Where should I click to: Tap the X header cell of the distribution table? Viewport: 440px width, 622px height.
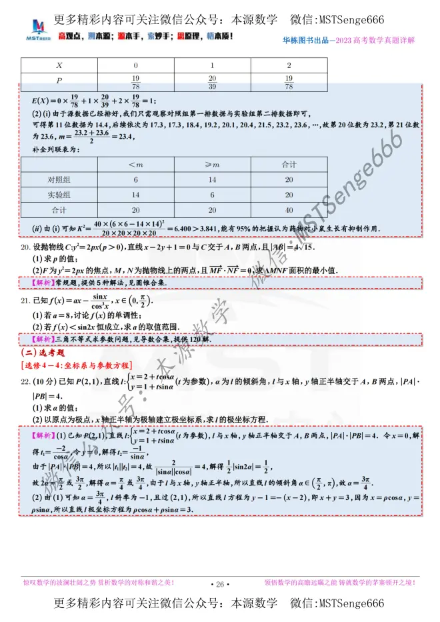pos(59,65)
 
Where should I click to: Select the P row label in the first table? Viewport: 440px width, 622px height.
pos(59,81)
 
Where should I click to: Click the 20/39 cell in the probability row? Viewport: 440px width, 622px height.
pos(213,81)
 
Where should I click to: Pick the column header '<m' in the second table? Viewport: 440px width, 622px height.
pos(135,164)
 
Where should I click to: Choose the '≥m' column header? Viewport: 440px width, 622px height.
pos(213,164)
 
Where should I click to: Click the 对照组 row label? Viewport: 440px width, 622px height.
pos(59,179)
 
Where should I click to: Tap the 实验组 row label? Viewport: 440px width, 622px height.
pos(59,195)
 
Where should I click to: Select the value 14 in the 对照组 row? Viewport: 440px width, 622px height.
pos(213,179)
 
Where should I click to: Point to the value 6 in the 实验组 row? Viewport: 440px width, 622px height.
pos(213,195)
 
